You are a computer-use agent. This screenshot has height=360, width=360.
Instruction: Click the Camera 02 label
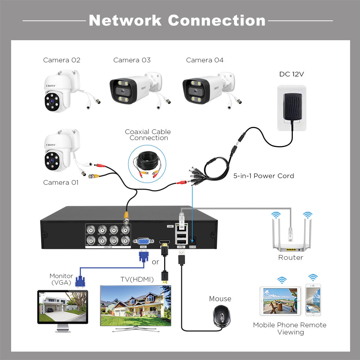(62, 60)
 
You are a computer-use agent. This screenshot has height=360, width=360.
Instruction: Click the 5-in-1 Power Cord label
(264, 176)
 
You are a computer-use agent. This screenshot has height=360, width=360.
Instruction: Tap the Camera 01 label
(61, 182)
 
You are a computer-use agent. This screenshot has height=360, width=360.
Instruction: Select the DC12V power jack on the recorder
(192, 241)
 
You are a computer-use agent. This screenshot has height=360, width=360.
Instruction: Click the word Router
(290, 257)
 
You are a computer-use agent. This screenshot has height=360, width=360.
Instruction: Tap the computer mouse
(222, 316)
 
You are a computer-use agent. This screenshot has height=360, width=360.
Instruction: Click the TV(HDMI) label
(137, 279)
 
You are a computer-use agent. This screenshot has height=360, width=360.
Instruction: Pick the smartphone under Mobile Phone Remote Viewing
(313, 300)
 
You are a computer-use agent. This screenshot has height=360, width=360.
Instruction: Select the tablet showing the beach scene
(280, 301)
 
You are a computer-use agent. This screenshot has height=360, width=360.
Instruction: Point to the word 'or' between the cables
(155, 262)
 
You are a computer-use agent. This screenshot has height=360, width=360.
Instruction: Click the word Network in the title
(125, 20)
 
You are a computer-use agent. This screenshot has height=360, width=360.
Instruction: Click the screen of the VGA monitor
(62, 306)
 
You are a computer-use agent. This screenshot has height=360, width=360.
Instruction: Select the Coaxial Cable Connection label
(148, 135)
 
